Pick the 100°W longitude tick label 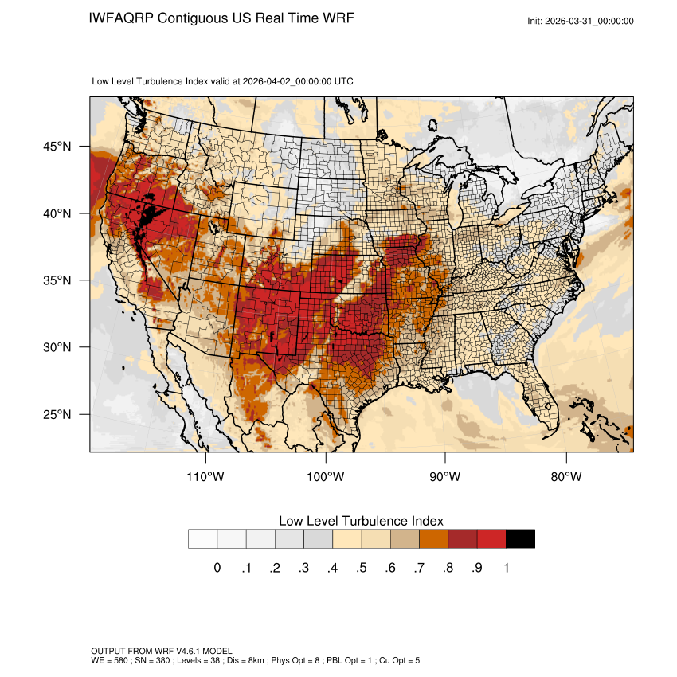point(326,477)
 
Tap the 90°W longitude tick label point(445,477)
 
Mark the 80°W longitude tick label point(565,477)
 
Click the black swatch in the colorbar point(520,539)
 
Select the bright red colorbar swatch point(491,539)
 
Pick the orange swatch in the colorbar point(434,539)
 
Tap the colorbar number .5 point(362,568)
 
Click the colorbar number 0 point(217,568)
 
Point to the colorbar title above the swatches point(361,520)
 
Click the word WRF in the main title point(336,18)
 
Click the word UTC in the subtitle point(344,81)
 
